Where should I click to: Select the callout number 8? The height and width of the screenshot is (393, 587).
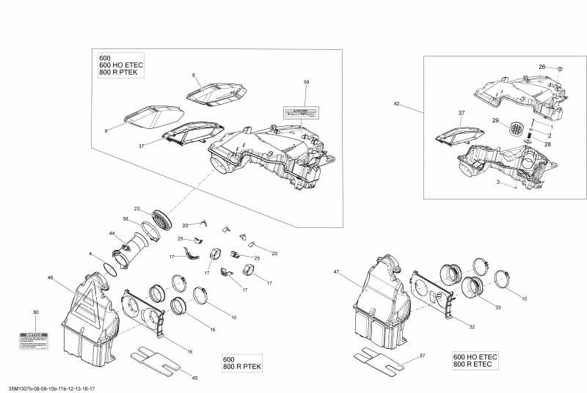(x=194, y=76)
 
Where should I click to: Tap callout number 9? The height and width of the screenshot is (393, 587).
(x=106, y=131)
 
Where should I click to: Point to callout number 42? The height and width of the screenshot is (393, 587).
(x=397, y=104)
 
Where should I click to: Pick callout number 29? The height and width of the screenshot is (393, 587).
(x=495, y=120)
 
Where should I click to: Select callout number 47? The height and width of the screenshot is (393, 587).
(x=337, y=272)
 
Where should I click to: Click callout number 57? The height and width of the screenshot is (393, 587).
(x=422, y=355)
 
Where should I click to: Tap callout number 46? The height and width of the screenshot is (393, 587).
(x=50, y=278)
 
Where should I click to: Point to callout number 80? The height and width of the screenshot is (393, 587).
(x=35, y=312)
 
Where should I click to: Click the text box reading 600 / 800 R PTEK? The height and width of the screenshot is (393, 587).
(x=241, y=362)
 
